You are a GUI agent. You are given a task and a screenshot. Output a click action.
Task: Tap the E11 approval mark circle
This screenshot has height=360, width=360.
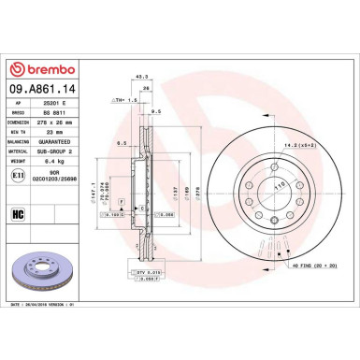click(x=19, y=174)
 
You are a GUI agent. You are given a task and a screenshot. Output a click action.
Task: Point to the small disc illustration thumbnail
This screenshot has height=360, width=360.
click(x=39, y=266)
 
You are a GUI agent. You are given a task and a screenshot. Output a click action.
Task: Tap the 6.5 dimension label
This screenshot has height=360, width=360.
click(x=122, y=143)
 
